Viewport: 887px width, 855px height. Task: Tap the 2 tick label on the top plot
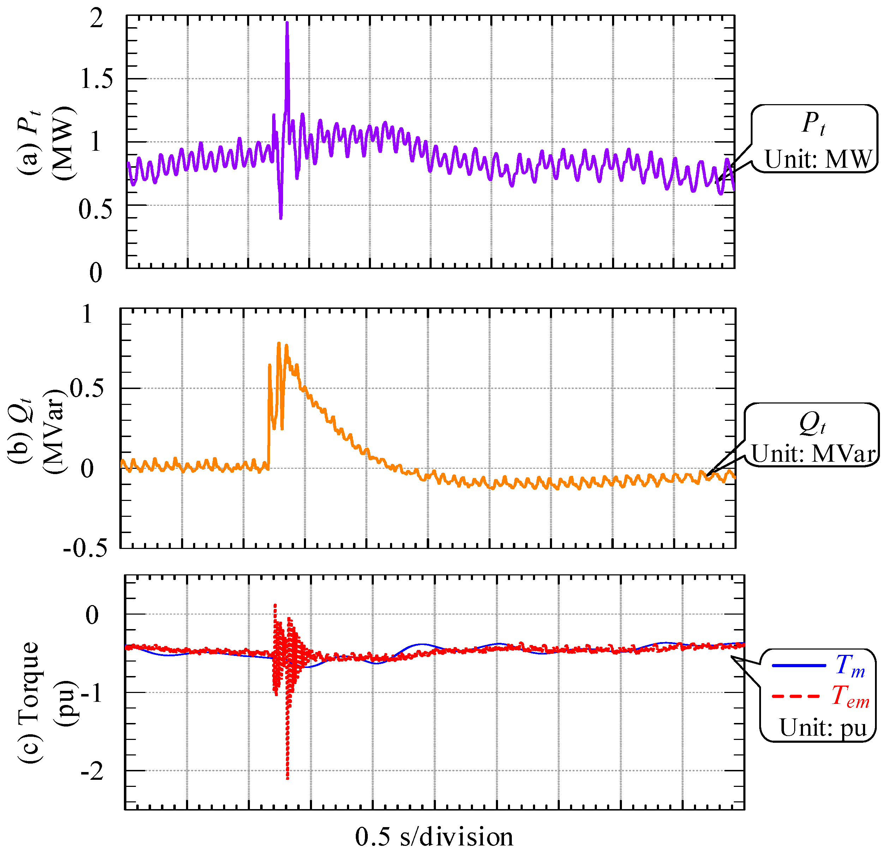(x=96, y=19)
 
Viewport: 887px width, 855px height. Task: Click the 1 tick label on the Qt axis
(x=87, y=314)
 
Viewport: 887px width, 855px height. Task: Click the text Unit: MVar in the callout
(x=813, y=453)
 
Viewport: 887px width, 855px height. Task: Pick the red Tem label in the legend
(x=850, y=696)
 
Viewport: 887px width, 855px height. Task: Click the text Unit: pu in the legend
(x=823, y=727)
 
